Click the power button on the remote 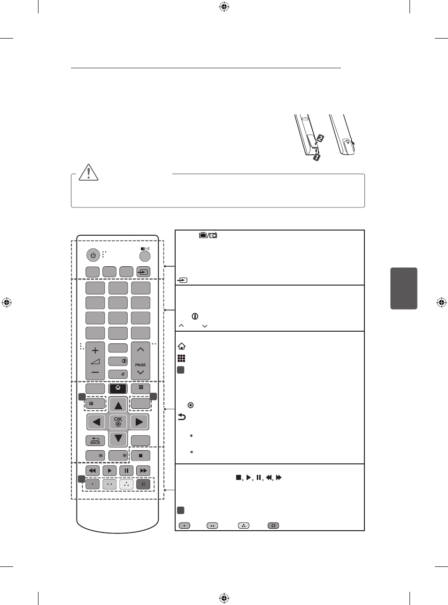[x=93, y=255]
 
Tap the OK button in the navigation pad [x=118, y=422]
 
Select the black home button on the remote [x=118, y=389]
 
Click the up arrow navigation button [x=118, y=405]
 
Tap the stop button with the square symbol [x=140, y=455]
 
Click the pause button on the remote [x=126, y=470]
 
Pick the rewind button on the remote [x=93, y=470]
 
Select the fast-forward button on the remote [x=143, y=470]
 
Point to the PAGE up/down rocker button [x=140, y=360]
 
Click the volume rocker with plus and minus [x=95, y=360]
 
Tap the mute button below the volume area [x=118, y=374]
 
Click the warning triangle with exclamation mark [x=88, y=172]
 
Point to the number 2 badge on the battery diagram [x=320, y=138]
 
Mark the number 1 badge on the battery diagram [x=317, y=157]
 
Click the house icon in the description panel [x=182, y=346]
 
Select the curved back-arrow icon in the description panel [x=182, y=417]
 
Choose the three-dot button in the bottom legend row [x=243, y=525]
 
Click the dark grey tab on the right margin [x=403, y=288]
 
